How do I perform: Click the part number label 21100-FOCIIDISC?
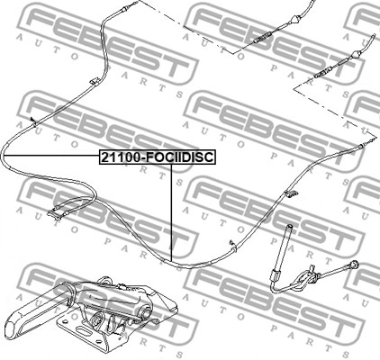pyautogui.click(x=158, y=157)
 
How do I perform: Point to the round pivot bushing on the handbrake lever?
pyautogui.click(x=145, y=313)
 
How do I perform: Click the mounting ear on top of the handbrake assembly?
pyautogui.click(x=106, y=281)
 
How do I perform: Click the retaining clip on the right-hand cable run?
pyautogui.click(x=290, y=193)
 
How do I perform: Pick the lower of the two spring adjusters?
pyautogui.click(x=324, y=72)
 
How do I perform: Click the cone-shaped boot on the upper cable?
pyautogui.click(x=294, y=21)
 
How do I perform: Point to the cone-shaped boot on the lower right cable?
pyautogui.click(x=356, y=55)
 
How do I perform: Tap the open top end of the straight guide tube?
pyautogui.click(x=290, y=226)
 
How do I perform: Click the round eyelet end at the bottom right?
pyautogui.click(x=355, y=265)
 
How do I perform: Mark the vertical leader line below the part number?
pyautogui.click(x=171, y=212)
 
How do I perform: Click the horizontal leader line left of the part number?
pyautogui.click(x=51, y=156)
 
